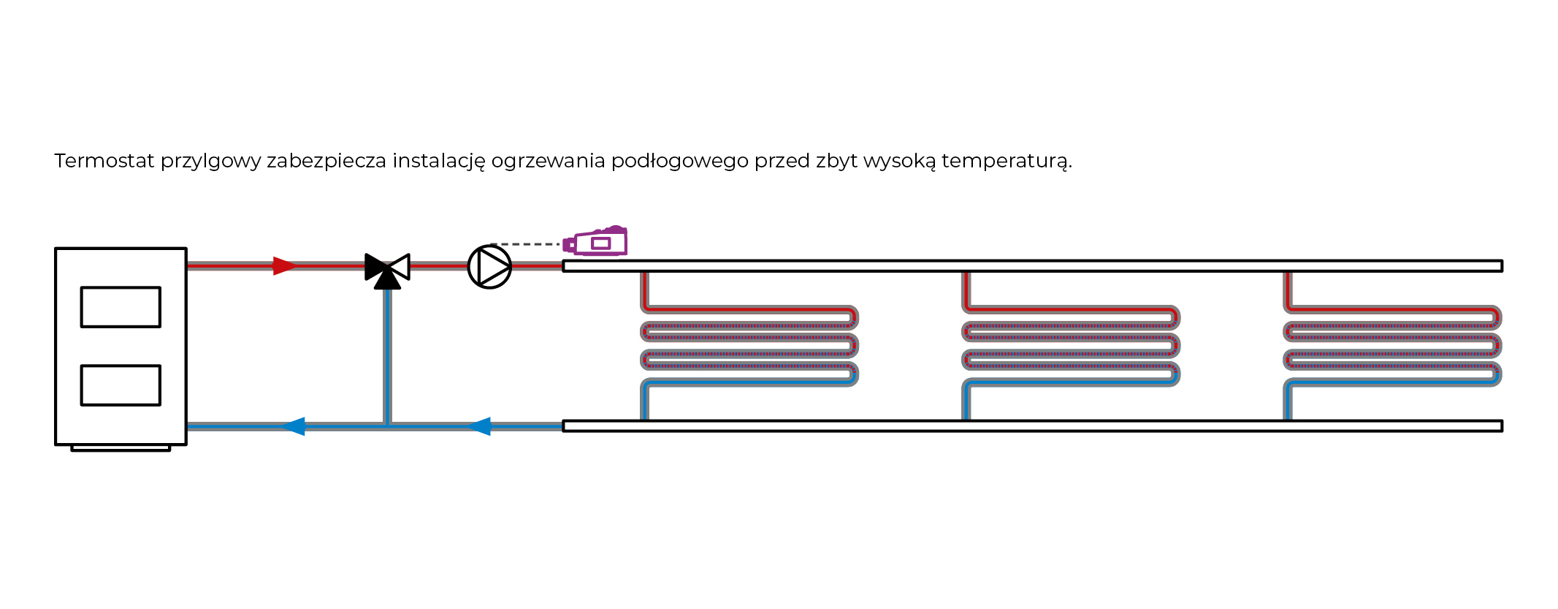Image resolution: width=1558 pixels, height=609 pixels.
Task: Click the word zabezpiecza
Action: (326, 162)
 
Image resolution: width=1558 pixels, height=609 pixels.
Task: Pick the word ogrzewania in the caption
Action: (548, 162)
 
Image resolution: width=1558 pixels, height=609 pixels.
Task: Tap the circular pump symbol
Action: (489, 267)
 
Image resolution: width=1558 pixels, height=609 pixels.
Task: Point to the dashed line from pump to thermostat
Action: (526, 244)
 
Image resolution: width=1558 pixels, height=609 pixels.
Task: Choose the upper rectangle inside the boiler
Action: (121, 307)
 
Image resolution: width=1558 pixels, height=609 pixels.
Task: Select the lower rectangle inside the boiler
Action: (121, 385)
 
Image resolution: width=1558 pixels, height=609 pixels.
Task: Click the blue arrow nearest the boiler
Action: (294, 426)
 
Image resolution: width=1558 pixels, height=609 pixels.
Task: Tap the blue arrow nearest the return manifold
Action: (479, 426)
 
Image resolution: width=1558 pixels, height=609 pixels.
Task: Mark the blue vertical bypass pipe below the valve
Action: (387, 358)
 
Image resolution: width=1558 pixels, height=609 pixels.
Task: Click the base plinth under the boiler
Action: (121, 448)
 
